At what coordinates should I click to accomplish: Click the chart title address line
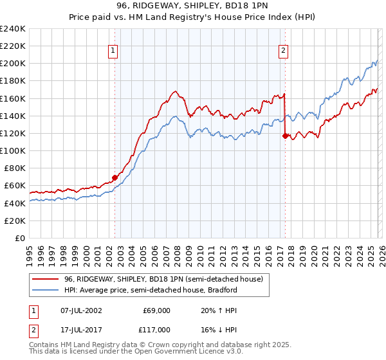192,6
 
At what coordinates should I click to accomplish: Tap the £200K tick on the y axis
13,64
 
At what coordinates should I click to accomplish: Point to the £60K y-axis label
15,186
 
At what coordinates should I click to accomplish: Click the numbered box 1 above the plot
113,51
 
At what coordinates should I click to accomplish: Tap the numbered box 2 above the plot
284,51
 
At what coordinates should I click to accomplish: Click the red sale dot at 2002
115,177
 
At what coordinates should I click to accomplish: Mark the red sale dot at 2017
285,136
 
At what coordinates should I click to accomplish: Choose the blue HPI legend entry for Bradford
151,291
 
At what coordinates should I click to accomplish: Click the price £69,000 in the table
156,310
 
